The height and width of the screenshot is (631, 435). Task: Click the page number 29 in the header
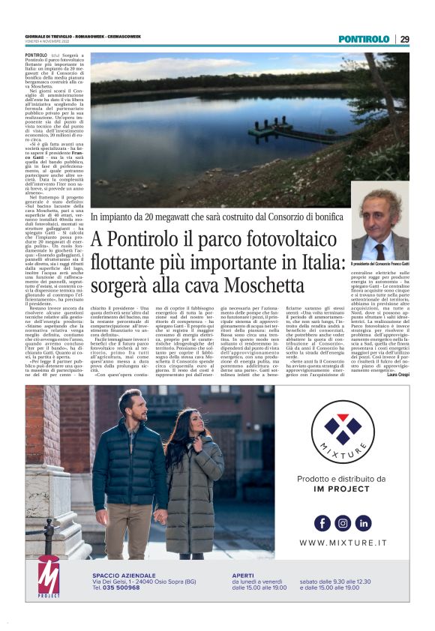coord(404,39)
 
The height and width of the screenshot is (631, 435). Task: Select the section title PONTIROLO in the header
coord(364,39)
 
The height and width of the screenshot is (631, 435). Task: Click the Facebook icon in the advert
coord(322,522)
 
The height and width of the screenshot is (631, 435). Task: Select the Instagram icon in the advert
coord(343,522)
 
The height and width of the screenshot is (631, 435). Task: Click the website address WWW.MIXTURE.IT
coord(343,543)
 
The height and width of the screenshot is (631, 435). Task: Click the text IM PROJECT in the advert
coord(343,489)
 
